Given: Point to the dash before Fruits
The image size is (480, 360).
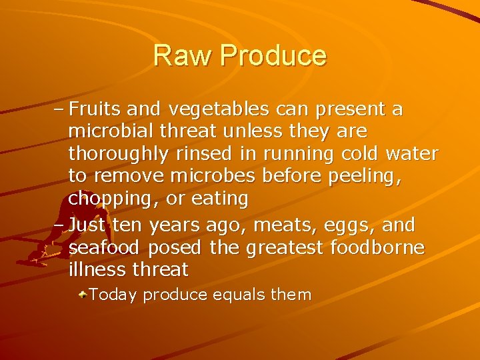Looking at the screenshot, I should click(58, 109).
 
